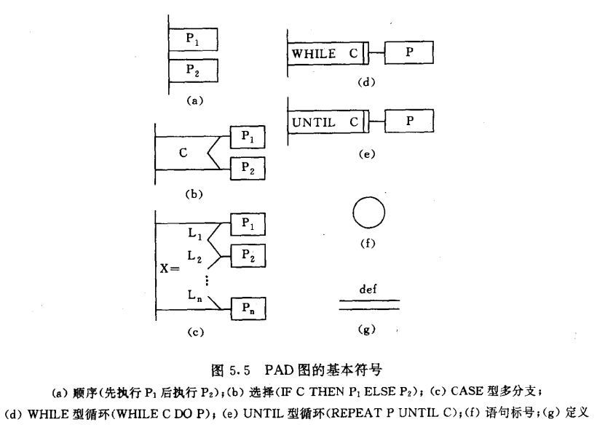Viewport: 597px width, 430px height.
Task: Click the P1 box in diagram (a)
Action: pos(193,39)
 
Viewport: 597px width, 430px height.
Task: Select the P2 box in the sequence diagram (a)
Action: pos(193,71)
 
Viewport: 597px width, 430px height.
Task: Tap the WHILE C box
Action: pos(328,54)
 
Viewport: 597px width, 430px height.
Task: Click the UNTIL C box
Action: pos(328,122)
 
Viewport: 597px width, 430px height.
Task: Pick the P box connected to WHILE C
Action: pos(409,53)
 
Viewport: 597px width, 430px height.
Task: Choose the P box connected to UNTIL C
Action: pos(409,122)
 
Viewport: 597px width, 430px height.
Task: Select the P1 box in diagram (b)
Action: pos(248,137)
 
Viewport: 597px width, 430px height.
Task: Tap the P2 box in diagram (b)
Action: pos(248,167)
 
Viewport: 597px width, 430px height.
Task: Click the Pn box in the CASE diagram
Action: pos(248,308)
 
